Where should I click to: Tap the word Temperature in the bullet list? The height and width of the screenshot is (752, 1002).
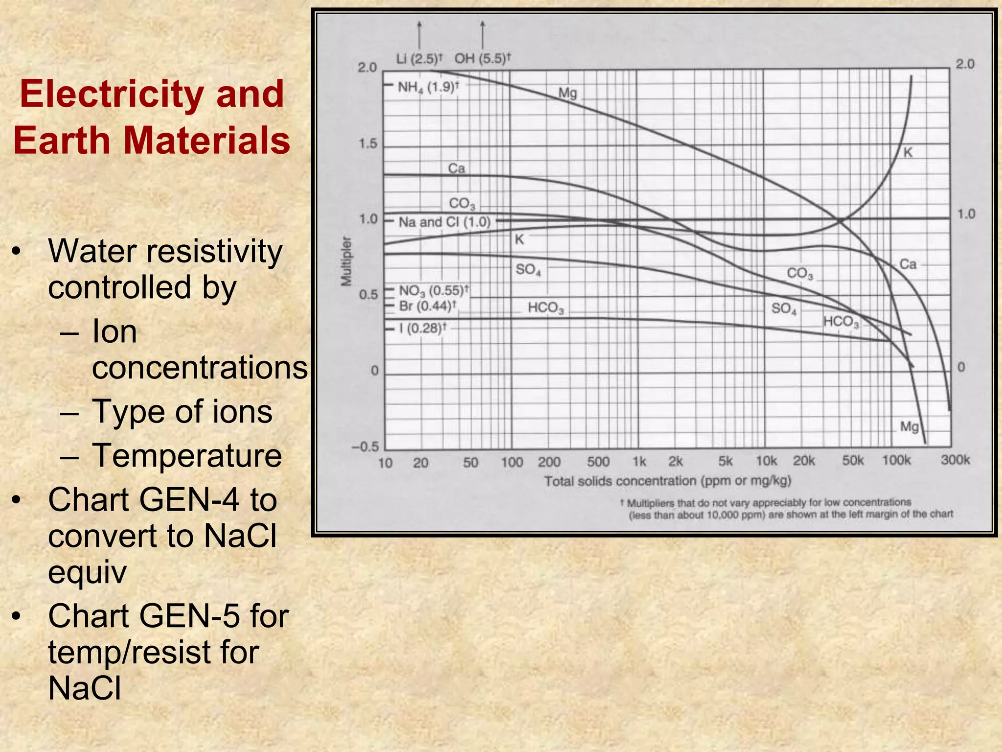pyautogui.click(x=187, y=455)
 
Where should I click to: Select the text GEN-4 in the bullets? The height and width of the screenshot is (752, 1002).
pyautogui.click(x=189, y=500)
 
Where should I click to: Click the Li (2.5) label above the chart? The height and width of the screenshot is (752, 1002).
pyautogui.click(x=418, y=59)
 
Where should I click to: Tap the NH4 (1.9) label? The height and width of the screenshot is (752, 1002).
pyautogui.click(x=428, y=87)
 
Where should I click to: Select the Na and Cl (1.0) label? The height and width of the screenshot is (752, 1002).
pyautogui.click(x=444, y=222)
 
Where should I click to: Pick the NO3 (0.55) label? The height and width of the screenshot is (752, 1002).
pyautogui.click(x=433, y=290)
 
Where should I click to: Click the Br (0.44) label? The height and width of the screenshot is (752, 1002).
pyautogui.click(x=428, y=306)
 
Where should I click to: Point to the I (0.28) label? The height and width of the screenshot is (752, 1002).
pyautogui.click(x=422, y=328)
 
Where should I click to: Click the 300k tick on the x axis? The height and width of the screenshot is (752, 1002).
pyautogui.click(x=955, y=460)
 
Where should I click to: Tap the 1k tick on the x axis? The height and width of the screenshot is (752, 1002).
pyautogui.click(x=639, y=462)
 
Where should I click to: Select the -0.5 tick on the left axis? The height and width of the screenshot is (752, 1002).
pyautogui.click(x=365, y=446)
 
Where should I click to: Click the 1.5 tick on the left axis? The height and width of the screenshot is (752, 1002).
pyautogui.click(x=368, y=144)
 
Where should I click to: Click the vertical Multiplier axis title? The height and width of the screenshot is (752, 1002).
pyautogui.click(x=346, y=260)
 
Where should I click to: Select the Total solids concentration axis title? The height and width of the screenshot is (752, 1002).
pyautogui.click(x=667, y=481)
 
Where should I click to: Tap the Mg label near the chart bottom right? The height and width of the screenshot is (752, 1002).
pyautogui.click(x=910, y=426)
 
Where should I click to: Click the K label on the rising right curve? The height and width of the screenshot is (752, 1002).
pyautogui.click(x=908, y=152)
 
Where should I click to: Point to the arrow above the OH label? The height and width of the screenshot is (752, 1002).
pyautogui.click(x=483, y=34)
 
